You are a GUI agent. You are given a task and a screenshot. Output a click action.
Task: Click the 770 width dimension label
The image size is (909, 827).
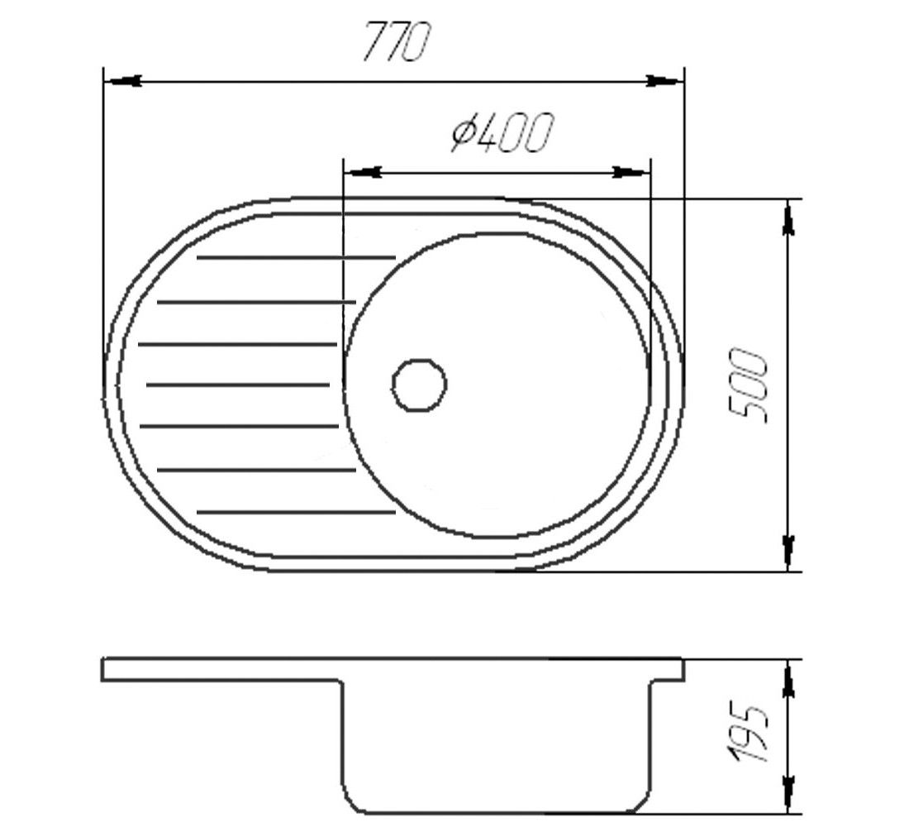397,41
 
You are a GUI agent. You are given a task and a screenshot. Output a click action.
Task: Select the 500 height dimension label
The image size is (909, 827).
749,385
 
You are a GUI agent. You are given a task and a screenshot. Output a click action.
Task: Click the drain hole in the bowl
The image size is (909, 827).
420,385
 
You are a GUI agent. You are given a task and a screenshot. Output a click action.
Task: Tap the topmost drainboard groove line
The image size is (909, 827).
296,256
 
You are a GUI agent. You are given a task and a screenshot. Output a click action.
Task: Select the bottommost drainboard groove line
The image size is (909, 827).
296,512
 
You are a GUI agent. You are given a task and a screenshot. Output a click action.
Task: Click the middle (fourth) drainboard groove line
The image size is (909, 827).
238,385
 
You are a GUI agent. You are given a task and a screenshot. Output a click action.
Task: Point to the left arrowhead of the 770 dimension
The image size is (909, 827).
123,81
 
